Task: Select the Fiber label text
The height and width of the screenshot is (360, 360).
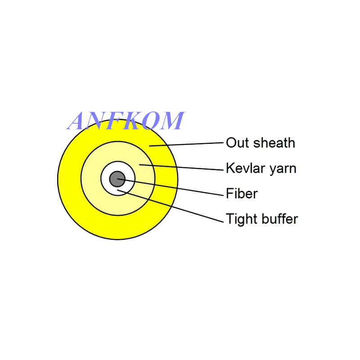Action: tap(242, 194)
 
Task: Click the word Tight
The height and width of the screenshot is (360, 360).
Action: tap(239, 220)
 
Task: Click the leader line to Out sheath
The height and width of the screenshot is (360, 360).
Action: tap(189, 144)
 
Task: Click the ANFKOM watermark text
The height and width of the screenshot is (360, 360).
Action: tap(126, 121)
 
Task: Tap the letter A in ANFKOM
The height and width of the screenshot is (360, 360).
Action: tap(78, 121)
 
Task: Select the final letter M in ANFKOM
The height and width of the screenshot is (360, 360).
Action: tap(172, 121)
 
